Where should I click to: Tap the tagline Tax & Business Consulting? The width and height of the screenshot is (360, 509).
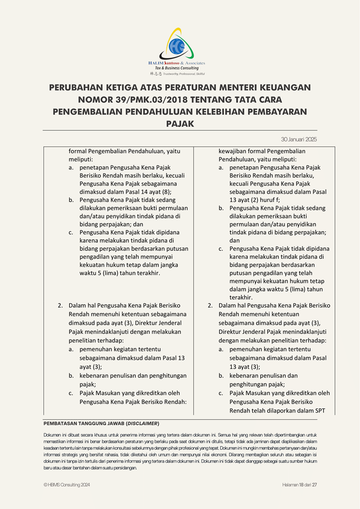tap(177, 68)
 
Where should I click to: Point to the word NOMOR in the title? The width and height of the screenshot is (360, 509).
tap(97, 100)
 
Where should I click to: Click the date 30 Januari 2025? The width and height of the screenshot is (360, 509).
tap(299, 139)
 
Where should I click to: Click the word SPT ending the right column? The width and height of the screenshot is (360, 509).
tap(324, 410)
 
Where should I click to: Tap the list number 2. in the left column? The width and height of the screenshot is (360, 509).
tap(60, 305)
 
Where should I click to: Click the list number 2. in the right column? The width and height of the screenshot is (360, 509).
tap(210, 305)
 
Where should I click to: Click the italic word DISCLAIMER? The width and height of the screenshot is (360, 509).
tap(143, 423)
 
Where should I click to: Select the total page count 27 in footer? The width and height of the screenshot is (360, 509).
tap(315, 485)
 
